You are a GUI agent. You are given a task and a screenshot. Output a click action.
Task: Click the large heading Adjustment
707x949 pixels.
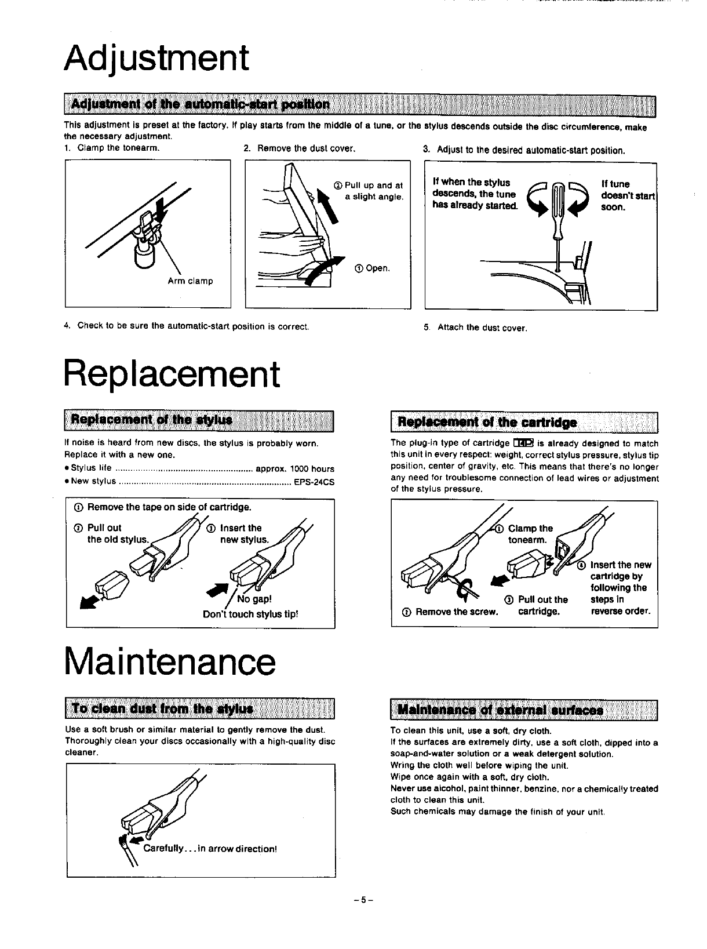(x=156, y=58)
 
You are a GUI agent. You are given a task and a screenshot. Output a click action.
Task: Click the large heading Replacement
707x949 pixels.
(x=172, y=374)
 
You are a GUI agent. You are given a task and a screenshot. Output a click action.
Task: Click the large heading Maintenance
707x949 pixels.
(x=170, y=661)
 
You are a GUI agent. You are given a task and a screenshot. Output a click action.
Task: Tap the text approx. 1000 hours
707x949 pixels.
(x=294, y=469)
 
